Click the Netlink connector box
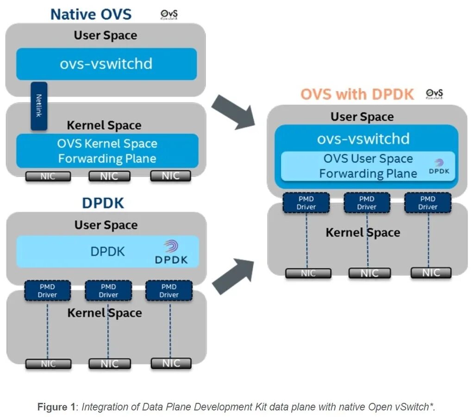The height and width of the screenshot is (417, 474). (x=39, y=106)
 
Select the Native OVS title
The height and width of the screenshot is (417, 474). (x=91, y=14)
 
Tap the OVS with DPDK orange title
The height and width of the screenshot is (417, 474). (x=357, y=94)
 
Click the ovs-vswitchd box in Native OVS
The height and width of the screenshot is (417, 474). (x=106, y=64)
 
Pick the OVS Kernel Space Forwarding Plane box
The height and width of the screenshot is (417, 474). (x=107, y=151)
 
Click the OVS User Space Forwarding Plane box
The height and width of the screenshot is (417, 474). (x=368, y=166)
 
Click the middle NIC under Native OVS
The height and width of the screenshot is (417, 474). (x=109, y=176)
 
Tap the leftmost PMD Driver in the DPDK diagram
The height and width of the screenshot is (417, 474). (x=47, y=291)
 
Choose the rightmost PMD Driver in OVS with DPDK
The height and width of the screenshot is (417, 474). (x=427, y=203)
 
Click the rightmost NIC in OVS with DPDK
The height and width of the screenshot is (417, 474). (x=430, y=273)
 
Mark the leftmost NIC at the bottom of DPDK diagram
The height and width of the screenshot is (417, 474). (x=48, y=364)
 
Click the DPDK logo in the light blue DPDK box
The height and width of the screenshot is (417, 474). (x=172, y=252)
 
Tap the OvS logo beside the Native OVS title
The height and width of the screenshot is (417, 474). (x=168, y=15)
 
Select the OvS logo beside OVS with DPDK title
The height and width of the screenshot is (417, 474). (x=434, y=94)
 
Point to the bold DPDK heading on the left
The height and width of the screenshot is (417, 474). (x=103, y=203)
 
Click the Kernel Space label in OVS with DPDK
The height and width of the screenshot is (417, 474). (x=362, y=232)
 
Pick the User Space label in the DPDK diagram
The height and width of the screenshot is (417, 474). (x=106, y=225)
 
